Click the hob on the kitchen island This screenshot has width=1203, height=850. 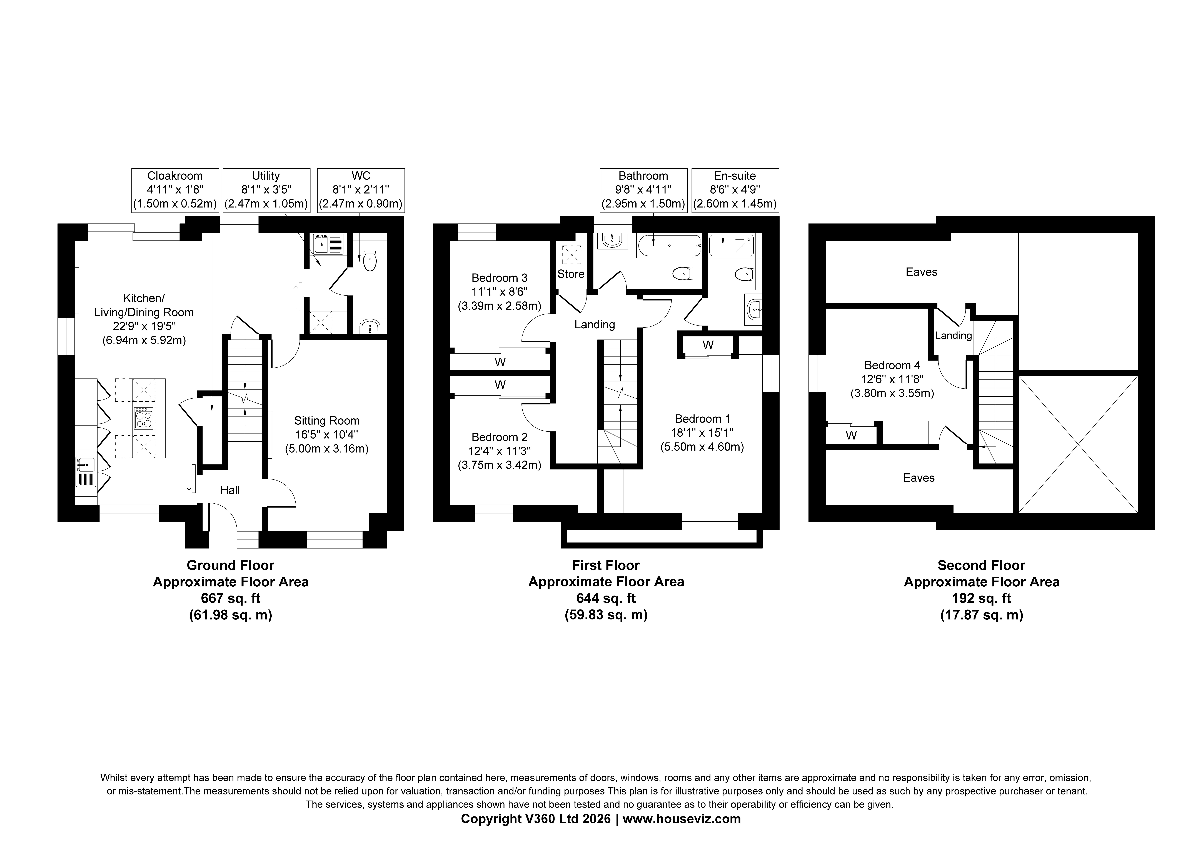click(x=144, y=418)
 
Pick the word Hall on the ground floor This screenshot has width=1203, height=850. click(x=230, y=490)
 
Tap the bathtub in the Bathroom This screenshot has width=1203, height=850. click(x=669, y=245)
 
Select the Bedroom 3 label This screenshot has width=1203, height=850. click(x=499, y=278)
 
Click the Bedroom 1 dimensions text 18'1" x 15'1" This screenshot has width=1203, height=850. click(x=702, y=433)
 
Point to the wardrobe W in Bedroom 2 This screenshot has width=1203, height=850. click(x=500, y=385)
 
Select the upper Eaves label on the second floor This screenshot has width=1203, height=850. click(x=922, y=272)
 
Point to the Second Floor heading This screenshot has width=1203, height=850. click(x=981, y=565)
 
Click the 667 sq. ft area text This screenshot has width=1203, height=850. click(x=231, y=598)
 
